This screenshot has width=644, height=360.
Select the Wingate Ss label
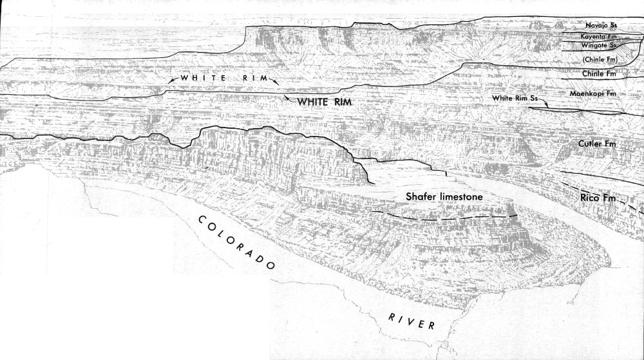tap(600, 47)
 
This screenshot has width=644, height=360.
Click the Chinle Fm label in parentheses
tap(600, 60)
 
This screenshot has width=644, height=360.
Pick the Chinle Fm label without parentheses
tap(600, 74)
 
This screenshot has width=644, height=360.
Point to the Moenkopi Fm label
tap(598, 93)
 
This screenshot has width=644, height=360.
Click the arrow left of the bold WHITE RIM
tap(286, 99)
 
